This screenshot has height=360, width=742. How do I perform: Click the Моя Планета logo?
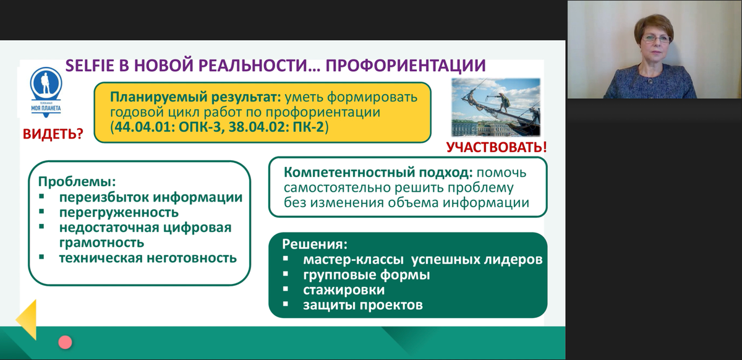point(46,92)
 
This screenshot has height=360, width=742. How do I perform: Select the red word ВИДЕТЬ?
point(53,134)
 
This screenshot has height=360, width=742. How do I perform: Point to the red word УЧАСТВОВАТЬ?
point(497,147)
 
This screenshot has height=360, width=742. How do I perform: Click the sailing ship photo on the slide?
point(496,107)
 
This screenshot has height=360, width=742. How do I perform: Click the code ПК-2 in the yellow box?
point(309,127)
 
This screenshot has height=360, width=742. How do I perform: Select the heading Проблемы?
point(77,182)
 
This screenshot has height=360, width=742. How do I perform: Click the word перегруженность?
point(119,212)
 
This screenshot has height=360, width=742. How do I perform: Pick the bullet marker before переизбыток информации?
point(41,196)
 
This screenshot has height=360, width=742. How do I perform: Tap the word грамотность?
point(101,242)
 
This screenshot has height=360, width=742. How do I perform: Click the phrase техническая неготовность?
point(148,258)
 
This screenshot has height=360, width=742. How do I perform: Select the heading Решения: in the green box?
point(315,244)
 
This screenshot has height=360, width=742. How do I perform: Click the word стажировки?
point(344,290)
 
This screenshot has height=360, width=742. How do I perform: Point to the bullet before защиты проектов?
point(286,304)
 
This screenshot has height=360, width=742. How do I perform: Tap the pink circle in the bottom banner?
point(66,343)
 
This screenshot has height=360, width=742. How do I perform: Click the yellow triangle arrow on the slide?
point(26,320)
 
